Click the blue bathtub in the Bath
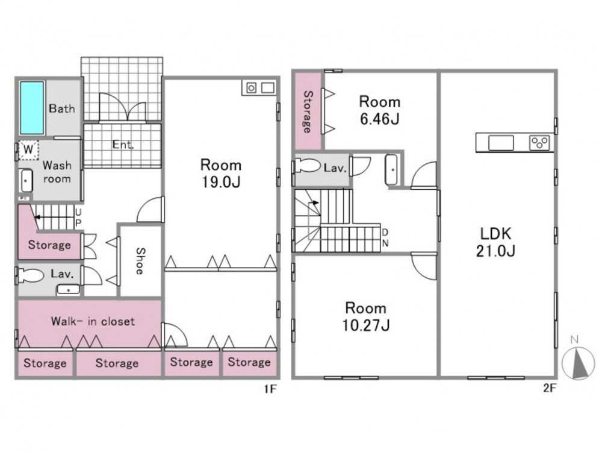click(x=32, y=108)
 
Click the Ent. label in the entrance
click(x=123, y=145)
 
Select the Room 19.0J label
click(x=221, y=174)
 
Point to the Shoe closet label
click(x=140, y=261)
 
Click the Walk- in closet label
click(x=93, y=321)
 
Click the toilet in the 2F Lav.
click(x=308, y=166)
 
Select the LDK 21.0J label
click(x=495, y=242)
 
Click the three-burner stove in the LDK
click(x=539, y=143)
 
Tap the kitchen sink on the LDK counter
click(x=501, y=143)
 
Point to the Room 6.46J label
click(x=380, y=110)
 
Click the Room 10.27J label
click(x=366, y=317)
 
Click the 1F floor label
click(x=270, y=389)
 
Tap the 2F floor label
click(x=550, y=388)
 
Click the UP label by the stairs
click(x=78, y=218)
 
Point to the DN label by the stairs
click(x=385, y=237)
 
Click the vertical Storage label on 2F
click(x=308, y=111)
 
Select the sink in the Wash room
click(x=26, y=180)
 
